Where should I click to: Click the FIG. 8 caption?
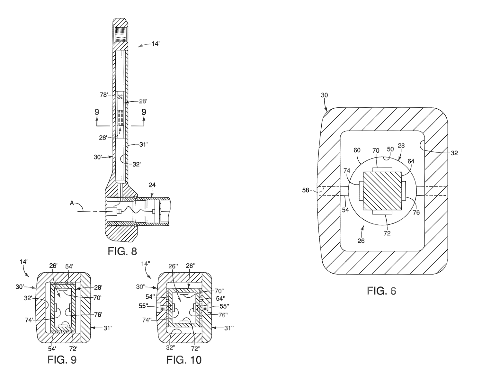point(122,251)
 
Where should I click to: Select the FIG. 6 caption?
point(381,291)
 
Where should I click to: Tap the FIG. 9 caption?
point(62,360)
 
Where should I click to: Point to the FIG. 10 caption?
point(184,360)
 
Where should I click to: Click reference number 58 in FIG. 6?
point(306,190)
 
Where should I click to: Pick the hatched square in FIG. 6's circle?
point(382,191)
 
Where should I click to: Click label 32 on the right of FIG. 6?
point(454,153)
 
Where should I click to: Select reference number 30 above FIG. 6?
point(324,95)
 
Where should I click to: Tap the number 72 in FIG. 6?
point(387,233)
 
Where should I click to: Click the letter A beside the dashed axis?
point(72,203)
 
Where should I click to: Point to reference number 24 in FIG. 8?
point(152,185)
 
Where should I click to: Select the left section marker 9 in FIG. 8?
point(97,112)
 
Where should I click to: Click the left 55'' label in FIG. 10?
point(143,306)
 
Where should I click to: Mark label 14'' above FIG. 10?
point(146,264)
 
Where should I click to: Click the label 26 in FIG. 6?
point(361,241)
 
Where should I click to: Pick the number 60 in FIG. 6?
point(357,150)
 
